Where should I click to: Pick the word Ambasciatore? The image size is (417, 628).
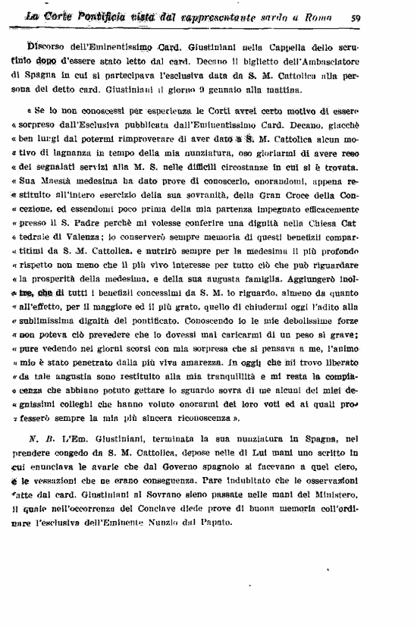359,57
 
